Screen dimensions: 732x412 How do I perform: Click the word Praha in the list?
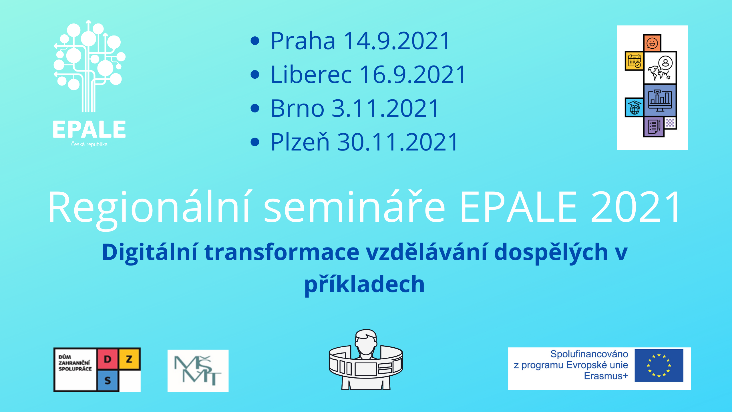[303, 41]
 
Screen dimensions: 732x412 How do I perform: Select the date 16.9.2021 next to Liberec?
[413, 75]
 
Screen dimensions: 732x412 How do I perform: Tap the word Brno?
[297, 108]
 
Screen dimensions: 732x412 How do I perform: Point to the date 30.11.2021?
[398, 142]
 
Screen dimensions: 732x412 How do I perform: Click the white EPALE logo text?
[89, 130]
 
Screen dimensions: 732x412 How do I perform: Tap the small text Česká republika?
[89, 144]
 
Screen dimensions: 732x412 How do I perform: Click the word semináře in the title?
[354, 207]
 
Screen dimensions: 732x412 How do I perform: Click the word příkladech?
[365, 284]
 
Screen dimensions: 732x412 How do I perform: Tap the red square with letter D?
[108, 359]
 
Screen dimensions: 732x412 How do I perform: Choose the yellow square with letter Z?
[129, 359]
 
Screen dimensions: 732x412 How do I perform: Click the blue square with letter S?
[108, 381]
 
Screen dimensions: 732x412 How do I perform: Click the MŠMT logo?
[198, 371]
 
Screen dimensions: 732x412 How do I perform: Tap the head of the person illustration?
[366, 342]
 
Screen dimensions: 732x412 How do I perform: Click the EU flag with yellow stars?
[659, 365]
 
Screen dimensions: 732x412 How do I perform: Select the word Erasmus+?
[606, 376]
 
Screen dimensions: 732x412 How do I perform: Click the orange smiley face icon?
[652, 43]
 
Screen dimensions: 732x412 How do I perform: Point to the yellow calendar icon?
[634, 61]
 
